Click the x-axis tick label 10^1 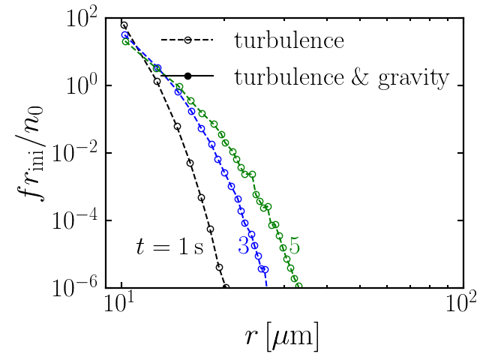(x=118, y=307)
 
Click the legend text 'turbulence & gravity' (x=342, y=76)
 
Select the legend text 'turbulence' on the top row (x=289, y=40)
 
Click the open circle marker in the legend (x=187, y=40)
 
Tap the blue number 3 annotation (x=244, y=245)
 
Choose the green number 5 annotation (x=294, y=245)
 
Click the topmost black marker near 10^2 (x=124, y=25)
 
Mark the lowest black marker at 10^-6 (x=226, y=286)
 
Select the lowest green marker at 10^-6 (x=298, y=286)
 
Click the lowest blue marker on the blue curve (x=263, y=279)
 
